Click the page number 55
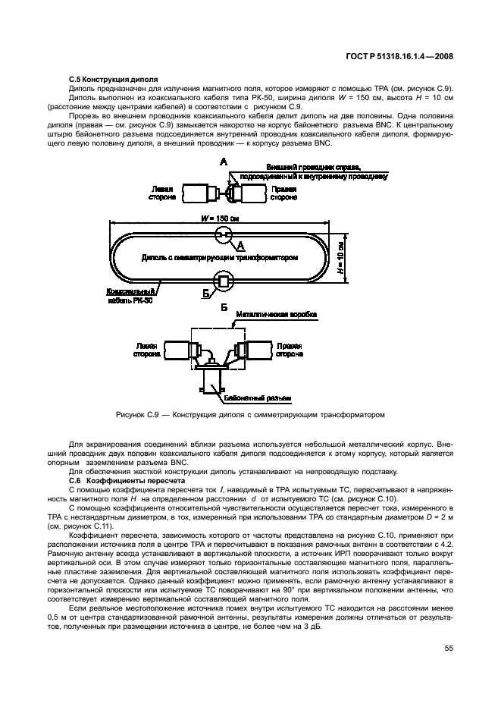[x=448, y=648]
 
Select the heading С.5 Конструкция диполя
[x=113, y=78]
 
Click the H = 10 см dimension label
[x=341, y=258]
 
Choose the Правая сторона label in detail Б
[x=289, y=349]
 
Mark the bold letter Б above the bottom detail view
[x=224, y=308]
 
